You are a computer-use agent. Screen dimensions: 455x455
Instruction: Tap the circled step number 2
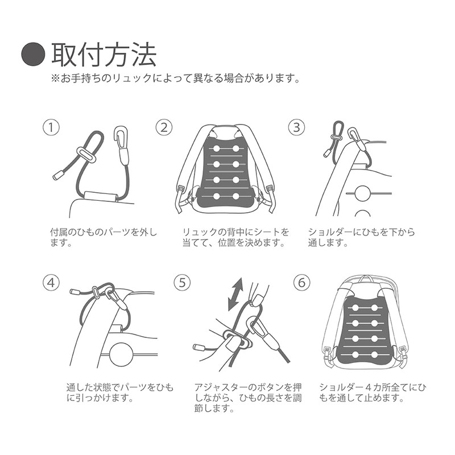point(164,127)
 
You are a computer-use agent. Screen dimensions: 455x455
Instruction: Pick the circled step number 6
point(301,283)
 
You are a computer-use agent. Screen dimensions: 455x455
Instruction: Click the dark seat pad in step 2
point(225,171)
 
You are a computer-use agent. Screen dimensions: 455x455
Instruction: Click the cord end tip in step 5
point(200,347)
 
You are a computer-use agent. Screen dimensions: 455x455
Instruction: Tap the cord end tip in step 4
point(75,292)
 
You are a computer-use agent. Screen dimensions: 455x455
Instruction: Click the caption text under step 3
point(361,238)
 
